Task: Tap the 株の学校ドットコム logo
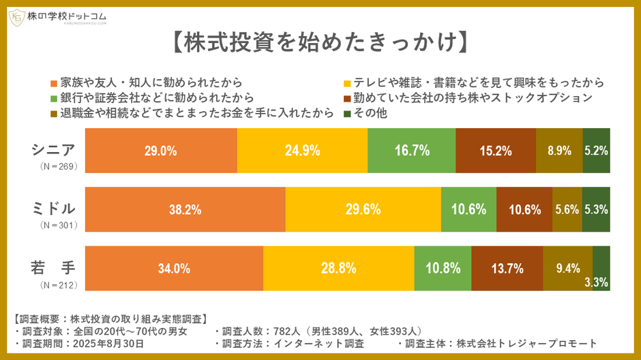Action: [x=58, y=16]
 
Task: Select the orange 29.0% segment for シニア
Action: [x=161, y=151]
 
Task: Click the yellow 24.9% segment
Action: [x=302, y=151]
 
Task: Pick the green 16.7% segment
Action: [x=411, y=151]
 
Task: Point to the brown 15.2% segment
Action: [x=495, y=151]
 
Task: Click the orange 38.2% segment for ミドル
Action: [x=185, y=209]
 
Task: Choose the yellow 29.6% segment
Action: [x=363, y=209]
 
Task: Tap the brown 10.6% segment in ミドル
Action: [x=524, y=209]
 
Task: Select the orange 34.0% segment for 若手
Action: [x=174, y=268]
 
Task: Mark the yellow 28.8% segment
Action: [x=338, y=268]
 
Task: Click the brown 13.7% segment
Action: [x=507, y=268]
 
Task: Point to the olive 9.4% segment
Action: [x=567, y=268]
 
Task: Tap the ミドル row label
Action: [x=55, y=208]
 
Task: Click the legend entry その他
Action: [x=368, y=113]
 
